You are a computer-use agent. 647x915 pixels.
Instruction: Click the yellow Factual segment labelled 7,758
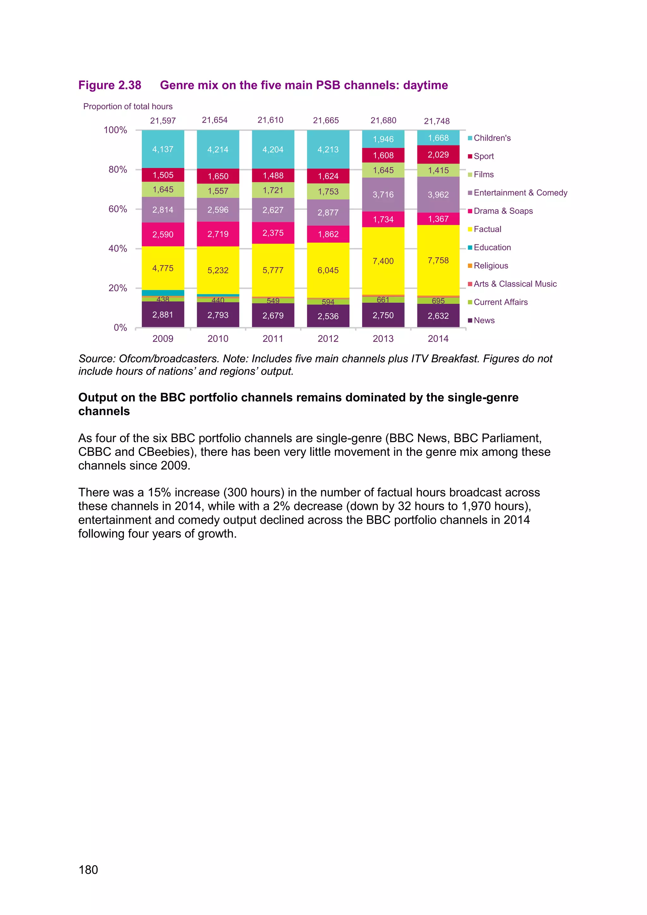click(438, 260)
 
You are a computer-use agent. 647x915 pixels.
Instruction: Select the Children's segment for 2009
click(163, 149)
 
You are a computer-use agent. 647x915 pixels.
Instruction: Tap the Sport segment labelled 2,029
click(438, 155)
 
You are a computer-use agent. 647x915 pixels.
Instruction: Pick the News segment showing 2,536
click(328, 316)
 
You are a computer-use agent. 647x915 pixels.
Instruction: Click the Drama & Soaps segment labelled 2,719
click(218, 234)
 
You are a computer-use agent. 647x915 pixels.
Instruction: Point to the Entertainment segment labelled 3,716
click(383, 195)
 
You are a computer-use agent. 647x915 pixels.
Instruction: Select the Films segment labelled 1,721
click(273, 190)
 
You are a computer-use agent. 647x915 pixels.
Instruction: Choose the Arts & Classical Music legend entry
click(515, 284)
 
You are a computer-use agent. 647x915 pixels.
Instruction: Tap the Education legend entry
click(492, 247)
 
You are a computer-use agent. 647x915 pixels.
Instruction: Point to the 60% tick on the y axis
click(118, 209)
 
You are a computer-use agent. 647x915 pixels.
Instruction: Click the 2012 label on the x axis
click(328, 338)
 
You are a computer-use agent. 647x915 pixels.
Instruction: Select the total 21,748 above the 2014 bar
click(437, 121)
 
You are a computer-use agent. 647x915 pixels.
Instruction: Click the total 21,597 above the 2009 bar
click(163, 120)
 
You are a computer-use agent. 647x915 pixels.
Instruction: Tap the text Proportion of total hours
click(128, 106)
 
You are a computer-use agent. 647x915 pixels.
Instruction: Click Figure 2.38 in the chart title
click(110, 85)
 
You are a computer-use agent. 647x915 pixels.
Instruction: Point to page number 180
click(88, 870)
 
